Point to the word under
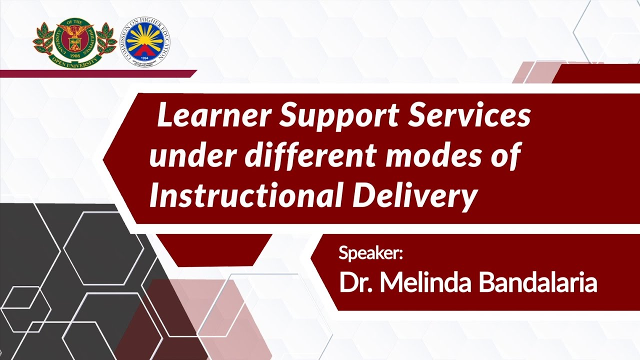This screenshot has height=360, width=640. click(193, 156)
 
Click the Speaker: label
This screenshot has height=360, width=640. click(370, 253)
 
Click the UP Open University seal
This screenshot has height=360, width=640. click(75, 42)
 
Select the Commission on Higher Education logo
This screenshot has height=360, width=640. click(145, 42)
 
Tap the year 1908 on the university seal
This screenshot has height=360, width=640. click(74, 56)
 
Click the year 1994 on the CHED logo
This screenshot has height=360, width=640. click(145, 58)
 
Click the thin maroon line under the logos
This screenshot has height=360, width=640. click(98, 73)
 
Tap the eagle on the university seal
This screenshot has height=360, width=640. click(75, 31)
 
